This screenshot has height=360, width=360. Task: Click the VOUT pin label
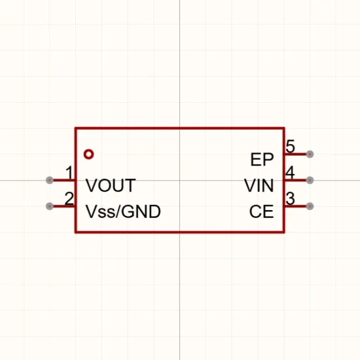point(111,185)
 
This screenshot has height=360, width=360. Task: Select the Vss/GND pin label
point(123,211)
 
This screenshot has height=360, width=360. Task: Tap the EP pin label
point(262,160)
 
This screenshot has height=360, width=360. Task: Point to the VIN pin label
point(259,185)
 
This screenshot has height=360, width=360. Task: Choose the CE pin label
point(262,211)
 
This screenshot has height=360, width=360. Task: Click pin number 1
point(69,172)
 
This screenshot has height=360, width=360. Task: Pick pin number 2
point(69,198)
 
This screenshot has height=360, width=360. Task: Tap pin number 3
point(291,198)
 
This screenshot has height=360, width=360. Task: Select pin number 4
point(290,172)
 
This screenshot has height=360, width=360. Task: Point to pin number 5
point(291,147)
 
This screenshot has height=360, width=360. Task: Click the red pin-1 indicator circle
point(89,154)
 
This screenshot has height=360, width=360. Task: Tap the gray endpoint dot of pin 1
point(50,180)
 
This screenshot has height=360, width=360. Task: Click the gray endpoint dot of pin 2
point(50,206)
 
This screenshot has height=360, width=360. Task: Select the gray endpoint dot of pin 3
point(310,206)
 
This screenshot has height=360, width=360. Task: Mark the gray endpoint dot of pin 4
point(310,180)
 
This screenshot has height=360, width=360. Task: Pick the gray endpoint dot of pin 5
point(310,154)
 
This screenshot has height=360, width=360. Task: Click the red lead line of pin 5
point(296,154)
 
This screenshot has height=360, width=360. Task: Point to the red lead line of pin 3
point(296,206)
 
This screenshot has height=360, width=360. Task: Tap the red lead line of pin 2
point(64,206)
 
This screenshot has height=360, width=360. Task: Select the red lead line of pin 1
point(64,180)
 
